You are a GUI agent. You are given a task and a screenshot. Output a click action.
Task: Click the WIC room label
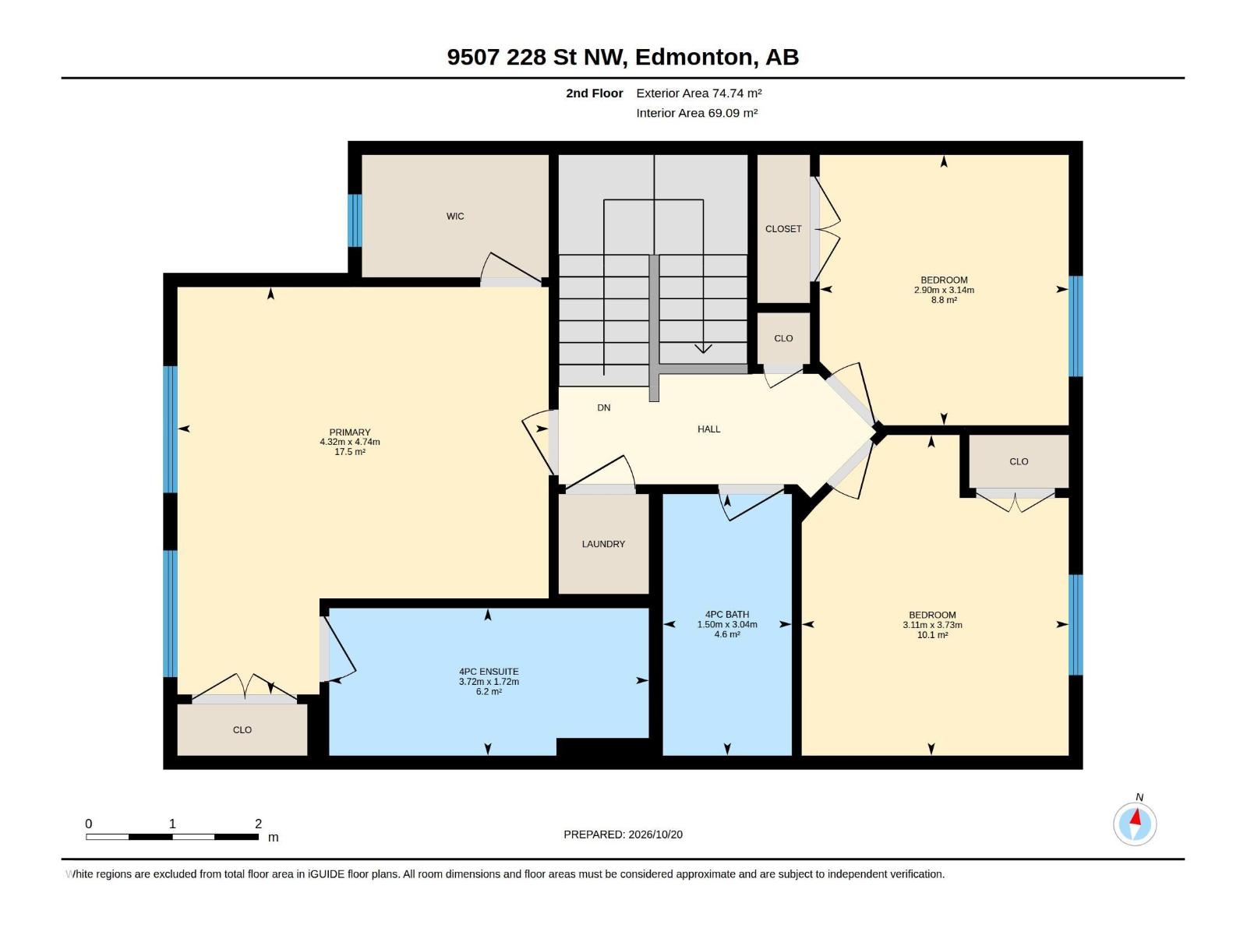(x=455, y=217)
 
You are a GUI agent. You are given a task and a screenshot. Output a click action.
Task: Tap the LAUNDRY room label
(x=603, y=544)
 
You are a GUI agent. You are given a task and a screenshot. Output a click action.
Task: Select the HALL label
(x=709, y=429)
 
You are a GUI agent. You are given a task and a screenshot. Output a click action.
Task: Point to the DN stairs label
(x=604, y=408)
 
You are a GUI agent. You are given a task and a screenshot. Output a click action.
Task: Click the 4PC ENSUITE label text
(x=489, y=672)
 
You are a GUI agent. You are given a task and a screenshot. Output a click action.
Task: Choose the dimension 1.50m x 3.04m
(x=727, y=624)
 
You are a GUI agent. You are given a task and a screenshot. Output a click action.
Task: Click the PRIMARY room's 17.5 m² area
(x=350, y=452)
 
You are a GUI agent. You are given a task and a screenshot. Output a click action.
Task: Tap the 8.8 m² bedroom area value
(x=944, y=300)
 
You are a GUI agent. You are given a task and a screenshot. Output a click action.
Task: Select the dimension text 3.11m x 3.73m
(x=932, y=625)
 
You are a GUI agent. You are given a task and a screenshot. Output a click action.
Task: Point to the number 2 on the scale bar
(x=259, y=824)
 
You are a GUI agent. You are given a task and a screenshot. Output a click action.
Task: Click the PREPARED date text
(x=623, y=834)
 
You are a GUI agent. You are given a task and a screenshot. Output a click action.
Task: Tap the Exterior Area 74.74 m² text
(x=699, y=93)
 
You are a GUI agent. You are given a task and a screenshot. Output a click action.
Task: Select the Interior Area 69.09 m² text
(x=697, y=113)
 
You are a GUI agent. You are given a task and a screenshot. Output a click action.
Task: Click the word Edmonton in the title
(x=697, y=58)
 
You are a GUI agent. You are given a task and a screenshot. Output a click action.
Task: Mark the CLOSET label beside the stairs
(x=783, y=229)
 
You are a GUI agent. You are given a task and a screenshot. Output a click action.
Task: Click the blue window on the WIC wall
(x=355, y=221)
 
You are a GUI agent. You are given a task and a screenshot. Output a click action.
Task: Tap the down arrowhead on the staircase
(x=703, y=348)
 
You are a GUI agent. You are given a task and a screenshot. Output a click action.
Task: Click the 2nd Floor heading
(x=594, y=93)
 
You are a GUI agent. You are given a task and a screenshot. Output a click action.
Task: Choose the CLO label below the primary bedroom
(x=242, y=730)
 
